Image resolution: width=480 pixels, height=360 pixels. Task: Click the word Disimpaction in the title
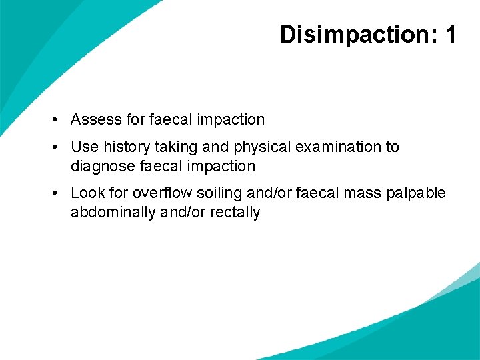point(352,34)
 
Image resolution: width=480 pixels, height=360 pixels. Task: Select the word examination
point(338,147)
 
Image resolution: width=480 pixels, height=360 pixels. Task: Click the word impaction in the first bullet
point(229,120)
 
